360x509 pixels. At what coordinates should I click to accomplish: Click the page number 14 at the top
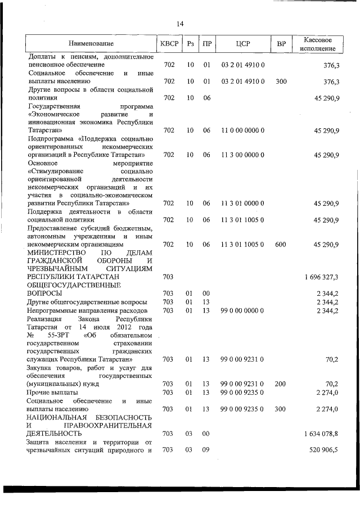[180, 24]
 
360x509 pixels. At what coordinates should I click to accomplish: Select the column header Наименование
[91, 44]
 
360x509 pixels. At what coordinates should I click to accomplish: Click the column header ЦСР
[243, 44]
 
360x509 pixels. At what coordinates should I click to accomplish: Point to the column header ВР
[281, 44]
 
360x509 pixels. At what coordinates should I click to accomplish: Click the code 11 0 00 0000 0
[243, 130]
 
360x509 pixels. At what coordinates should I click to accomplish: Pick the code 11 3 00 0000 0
[243, 154]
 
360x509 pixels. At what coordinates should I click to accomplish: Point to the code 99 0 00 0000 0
[243, 310]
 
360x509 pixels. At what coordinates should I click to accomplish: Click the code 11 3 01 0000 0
[243, 203]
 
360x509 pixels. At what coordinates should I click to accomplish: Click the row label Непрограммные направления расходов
[87, 310]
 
